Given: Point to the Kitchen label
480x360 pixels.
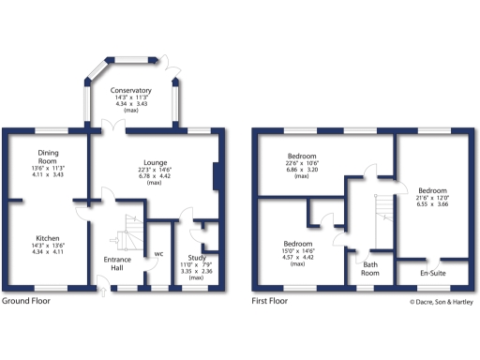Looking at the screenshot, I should click(48, 239).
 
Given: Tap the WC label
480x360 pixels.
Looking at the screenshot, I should click(160, 253).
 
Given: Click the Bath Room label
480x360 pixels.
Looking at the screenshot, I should click(370, 269).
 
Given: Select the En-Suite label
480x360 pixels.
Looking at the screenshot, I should click(430, 272).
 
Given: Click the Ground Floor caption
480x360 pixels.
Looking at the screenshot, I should click(26, 302).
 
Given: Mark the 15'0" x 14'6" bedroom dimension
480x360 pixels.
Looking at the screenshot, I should click(296, 250).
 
